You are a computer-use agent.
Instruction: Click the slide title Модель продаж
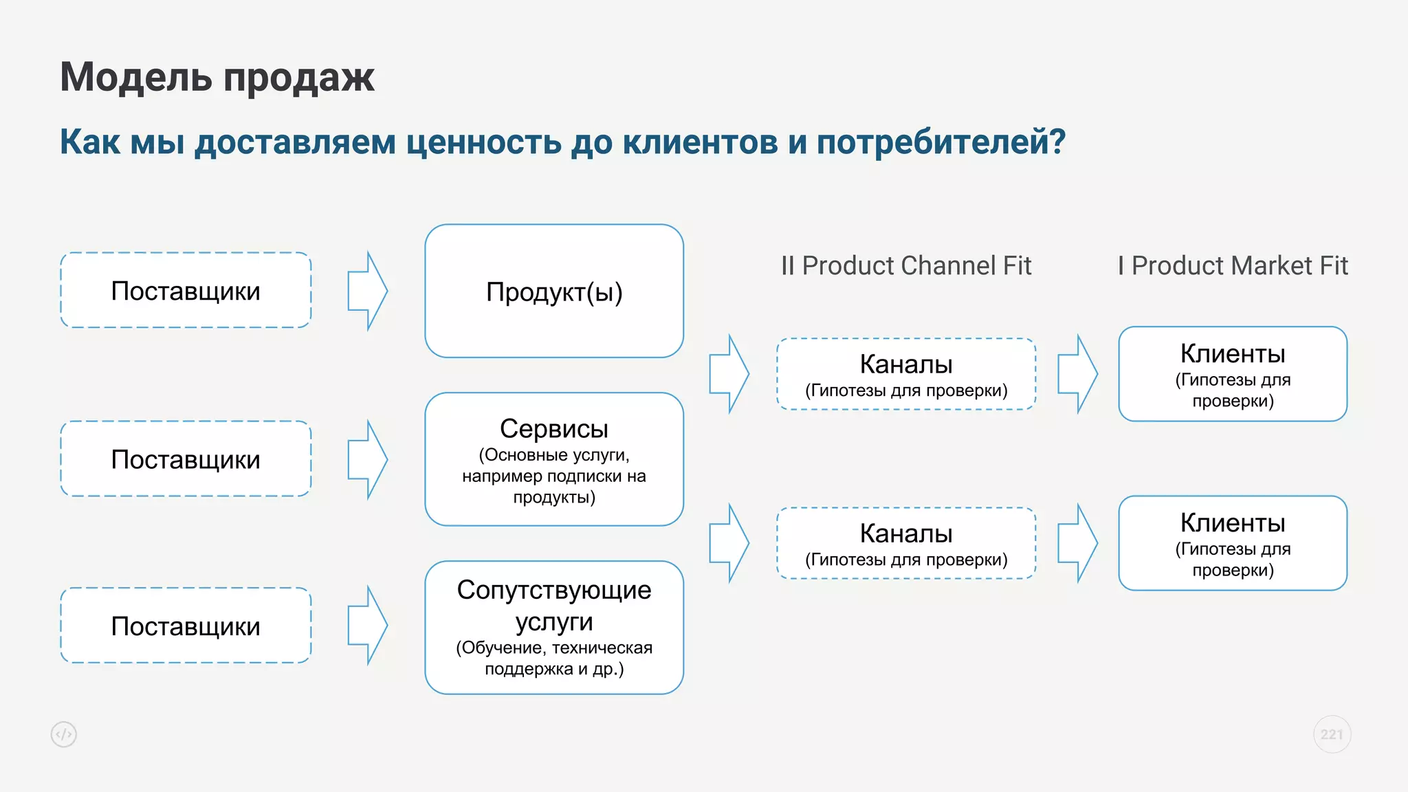coord(217,76)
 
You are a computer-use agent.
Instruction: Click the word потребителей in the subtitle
coord(938,142)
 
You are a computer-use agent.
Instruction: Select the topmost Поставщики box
coord(186,291)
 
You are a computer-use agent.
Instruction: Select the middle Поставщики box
coord(186,459)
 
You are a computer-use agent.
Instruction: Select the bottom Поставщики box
coord(186,626)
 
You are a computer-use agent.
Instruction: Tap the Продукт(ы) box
coord(554,291)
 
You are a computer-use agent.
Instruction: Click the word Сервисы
coord(554,428)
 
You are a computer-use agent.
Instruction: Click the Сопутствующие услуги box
coord(554,627)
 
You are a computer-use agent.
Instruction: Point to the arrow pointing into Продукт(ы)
coord(368,291)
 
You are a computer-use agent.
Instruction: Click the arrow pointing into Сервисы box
coord(368,459)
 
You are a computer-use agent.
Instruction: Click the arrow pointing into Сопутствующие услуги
coord(368,626)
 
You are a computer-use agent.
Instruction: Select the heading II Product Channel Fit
coord(906,265)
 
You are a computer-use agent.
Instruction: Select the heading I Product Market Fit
coord(1233,265)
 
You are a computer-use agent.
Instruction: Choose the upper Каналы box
coord(906,374)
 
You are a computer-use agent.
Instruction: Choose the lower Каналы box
coord(906,543)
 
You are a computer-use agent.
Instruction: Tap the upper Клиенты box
coord(1233,374)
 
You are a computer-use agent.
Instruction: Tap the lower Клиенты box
coord(1233,543)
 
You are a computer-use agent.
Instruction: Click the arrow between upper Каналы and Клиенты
coord(1077,374)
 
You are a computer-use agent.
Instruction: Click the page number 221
coord(1332,734)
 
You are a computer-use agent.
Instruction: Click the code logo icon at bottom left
coord(64,734)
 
